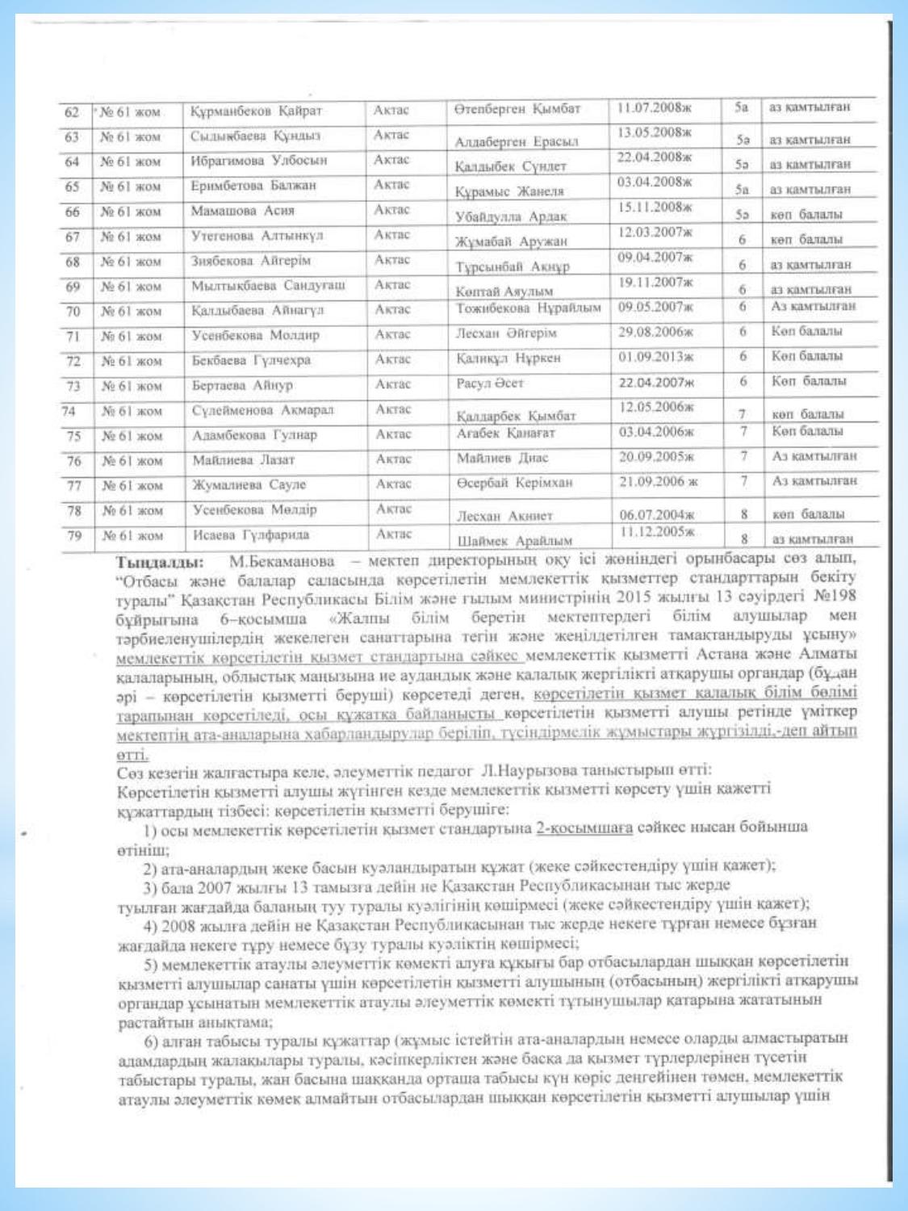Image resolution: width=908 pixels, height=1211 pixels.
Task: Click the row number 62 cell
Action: (x=72, y=111)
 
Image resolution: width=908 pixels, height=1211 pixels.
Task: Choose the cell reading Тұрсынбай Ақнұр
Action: (x=512, y=266)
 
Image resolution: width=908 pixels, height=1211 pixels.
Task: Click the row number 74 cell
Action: (x=70, y=411)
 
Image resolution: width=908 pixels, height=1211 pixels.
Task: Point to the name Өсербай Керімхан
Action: (x=514, y=483)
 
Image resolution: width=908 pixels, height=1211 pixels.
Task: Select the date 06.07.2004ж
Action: (x=657, y=514)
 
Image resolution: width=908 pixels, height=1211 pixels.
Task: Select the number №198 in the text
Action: (x=836, y=597)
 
